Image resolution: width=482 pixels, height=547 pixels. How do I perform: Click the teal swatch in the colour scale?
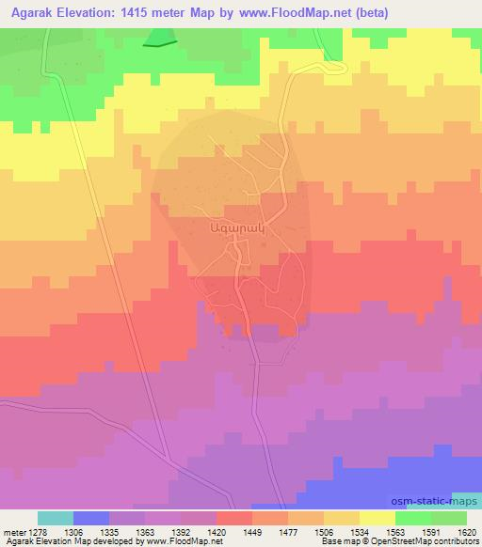(56, 518)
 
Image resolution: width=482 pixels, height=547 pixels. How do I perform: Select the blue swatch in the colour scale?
(91, 518)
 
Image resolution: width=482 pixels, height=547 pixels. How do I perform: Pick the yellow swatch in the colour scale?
(378, 518)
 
